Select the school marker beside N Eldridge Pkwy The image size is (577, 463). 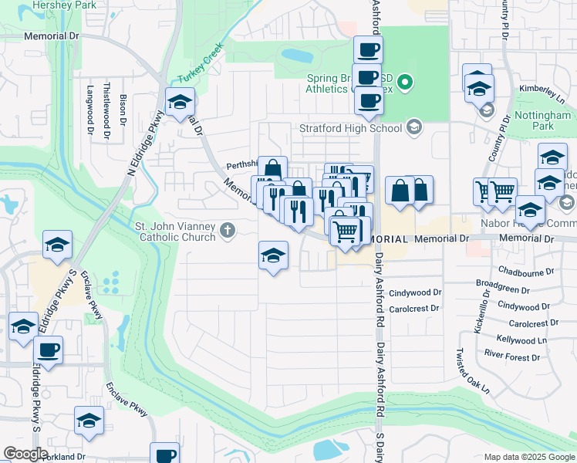point(180,102)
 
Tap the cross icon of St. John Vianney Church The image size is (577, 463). point(227,230)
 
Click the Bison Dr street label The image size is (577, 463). point(123,110)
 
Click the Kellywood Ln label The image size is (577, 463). point(521,340)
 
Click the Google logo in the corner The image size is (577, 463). point(25,454)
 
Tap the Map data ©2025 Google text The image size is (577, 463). point(528,457)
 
